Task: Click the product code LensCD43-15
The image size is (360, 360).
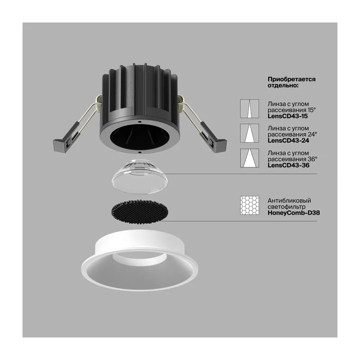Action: (x=288, y=116)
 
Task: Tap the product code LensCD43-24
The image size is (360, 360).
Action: (x=288, y=140)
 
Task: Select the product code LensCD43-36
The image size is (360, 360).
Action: (x=288, y=165)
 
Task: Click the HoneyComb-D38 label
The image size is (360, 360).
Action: (x=294, y=213)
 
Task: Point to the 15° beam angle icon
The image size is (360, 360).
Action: (x=250, y=108)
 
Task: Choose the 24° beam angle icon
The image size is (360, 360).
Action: (x=250, y=133)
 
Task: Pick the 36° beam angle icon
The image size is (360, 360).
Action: (x=250, y=158)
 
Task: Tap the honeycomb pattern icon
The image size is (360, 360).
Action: (x=250, y=206)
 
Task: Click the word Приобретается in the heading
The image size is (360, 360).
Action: (x=292, y=80)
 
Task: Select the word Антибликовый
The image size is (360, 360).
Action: (x=289, y=200)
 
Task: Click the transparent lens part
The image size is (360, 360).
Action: (x=139, y=176)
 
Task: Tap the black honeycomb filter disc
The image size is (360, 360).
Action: (x=139, y=211)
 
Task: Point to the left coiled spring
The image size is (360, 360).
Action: (x=99, y=103)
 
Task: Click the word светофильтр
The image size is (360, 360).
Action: (x=287, y=207)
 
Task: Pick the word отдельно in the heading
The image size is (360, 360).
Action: (x=283, y=85)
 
